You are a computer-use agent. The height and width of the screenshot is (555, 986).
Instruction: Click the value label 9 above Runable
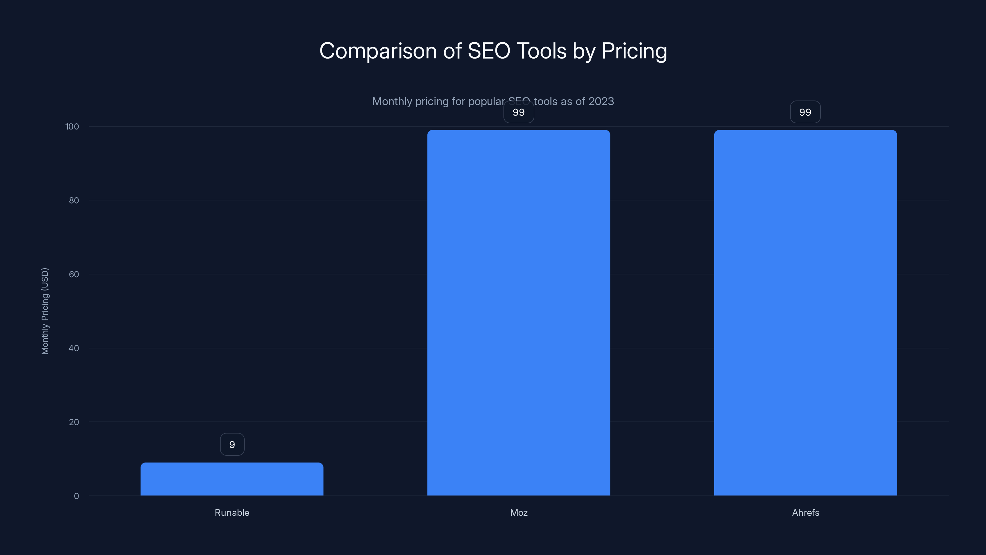tap(232, 444)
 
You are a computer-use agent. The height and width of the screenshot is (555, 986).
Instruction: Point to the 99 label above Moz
tap(518, 112)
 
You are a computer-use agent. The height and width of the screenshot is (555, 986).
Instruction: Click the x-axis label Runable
tap(232, 512)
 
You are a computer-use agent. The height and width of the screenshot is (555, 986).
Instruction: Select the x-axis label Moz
tap(518, 512)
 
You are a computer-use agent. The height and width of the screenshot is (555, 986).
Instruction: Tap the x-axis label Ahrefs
tap(805, 512)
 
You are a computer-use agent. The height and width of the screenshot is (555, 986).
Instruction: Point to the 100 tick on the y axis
tap(72, 126)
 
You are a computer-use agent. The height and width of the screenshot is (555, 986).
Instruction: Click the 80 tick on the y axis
tap(74, 200)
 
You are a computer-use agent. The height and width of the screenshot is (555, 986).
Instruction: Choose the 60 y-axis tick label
tap(74, 274)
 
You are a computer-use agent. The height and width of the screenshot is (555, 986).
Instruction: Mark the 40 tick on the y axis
tap(74, 348)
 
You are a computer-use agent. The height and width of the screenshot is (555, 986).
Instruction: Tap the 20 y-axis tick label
tap(74, 422)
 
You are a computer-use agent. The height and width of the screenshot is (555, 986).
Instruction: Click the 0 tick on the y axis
tap(76, 496)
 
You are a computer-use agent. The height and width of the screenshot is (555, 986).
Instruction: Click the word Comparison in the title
tap(378, 51)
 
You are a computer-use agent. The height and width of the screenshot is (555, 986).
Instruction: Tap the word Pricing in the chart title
tap(634, 51)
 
